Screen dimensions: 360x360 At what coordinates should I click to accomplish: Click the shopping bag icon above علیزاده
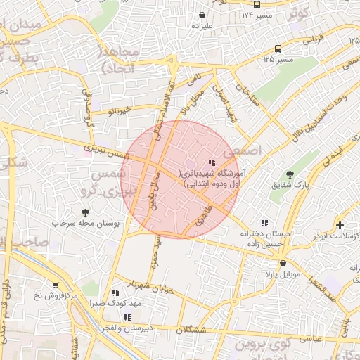pyautogui.click(x=202, y=15)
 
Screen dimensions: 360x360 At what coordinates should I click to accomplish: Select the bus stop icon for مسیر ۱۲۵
pyautogui.click(x=278, y=49)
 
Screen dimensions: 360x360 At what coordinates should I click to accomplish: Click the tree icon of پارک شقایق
pyautogui.click(x=290, y=174)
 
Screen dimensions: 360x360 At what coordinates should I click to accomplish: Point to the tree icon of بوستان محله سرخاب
pyautogui.click(x=86, y=212)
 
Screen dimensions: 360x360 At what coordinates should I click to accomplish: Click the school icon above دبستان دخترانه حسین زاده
pyautogui.click(x=264, y=222)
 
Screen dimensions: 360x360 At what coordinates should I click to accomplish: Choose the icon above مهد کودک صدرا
pyautogui.click(x=115, y=292)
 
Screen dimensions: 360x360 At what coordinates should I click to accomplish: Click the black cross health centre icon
pyautogui.click(x=340, y=225)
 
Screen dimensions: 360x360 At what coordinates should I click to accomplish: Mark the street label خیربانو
pyautogui.click(x=117, y=111)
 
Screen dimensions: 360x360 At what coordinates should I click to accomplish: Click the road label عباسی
pyautogui.click(x=310, y=338)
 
